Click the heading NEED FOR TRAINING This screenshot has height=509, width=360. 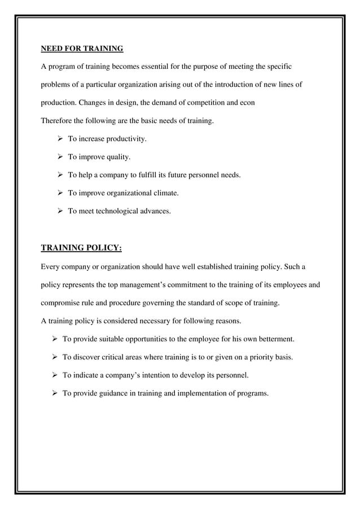tap(82, 49)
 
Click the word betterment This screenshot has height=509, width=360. tap(273, 339)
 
